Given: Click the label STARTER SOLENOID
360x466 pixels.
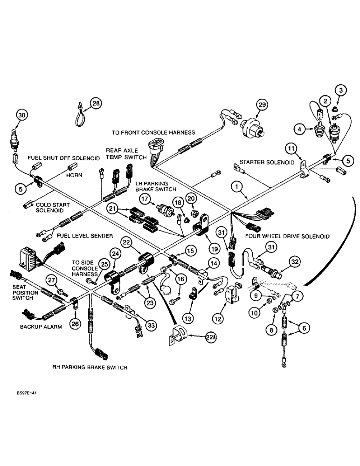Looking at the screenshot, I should [267, 163].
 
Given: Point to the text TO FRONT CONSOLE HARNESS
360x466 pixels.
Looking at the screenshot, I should [153, 132].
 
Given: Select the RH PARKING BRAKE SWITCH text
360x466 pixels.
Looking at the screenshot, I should [90, 368].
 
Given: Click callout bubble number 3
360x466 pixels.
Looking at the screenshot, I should [340, 90].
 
